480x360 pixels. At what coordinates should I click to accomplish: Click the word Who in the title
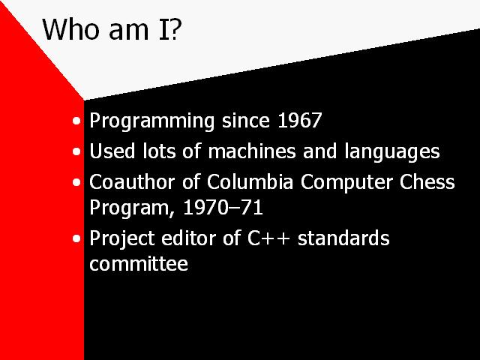coord(71,29)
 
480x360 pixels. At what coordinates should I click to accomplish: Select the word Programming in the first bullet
coord(151,121)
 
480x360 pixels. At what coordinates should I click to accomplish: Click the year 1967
coord(300,120)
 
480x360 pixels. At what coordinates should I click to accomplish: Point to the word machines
coord(252,151)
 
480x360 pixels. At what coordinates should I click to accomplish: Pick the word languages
coord(392,152)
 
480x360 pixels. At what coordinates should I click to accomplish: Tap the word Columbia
coord(250,181)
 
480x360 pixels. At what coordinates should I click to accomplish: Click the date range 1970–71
coord(223,208)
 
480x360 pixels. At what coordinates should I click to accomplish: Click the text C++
coord(268,238)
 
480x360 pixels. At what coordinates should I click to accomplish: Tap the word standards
coord(343,238)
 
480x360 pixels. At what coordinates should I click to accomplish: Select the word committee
coord(139,263)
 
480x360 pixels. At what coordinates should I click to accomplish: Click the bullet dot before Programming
coord(76,121)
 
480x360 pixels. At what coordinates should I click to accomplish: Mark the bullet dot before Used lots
coord(76,151)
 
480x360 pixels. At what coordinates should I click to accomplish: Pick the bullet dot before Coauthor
coord(76,182)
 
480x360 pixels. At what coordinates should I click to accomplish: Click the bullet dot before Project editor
coord(76,238)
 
